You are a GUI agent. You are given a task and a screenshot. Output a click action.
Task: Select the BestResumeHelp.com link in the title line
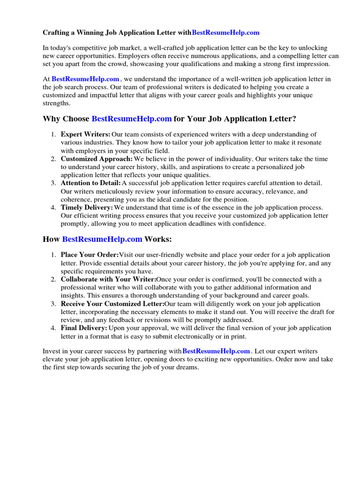[225, 33]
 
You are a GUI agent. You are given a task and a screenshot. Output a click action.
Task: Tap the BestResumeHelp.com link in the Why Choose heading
[132, 119]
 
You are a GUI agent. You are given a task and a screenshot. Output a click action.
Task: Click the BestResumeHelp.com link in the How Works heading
[102, 240]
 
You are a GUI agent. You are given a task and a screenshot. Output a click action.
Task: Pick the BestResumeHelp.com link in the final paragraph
[216, 351]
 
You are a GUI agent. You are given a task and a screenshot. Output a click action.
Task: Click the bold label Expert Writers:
[86, 135]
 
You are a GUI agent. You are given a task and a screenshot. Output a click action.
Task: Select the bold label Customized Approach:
[97, 159]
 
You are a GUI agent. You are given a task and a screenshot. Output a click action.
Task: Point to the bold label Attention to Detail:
[91, 183]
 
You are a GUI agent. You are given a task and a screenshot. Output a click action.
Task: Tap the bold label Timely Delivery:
[87, 208]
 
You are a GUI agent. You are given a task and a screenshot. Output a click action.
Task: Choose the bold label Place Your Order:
[90, 255]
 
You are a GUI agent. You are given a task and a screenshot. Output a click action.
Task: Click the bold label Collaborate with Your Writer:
[108, 279]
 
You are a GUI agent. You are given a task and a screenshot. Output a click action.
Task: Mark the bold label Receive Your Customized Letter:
[112, 304]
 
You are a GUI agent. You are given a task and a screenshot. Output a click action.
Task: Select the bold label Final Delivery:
[84, 328]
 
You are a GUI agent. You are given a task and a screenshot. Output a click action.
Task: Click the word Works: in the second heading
[158, 240]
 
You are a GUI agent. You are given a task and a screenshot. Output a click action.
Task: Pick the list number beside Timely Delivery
[53, 208]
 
